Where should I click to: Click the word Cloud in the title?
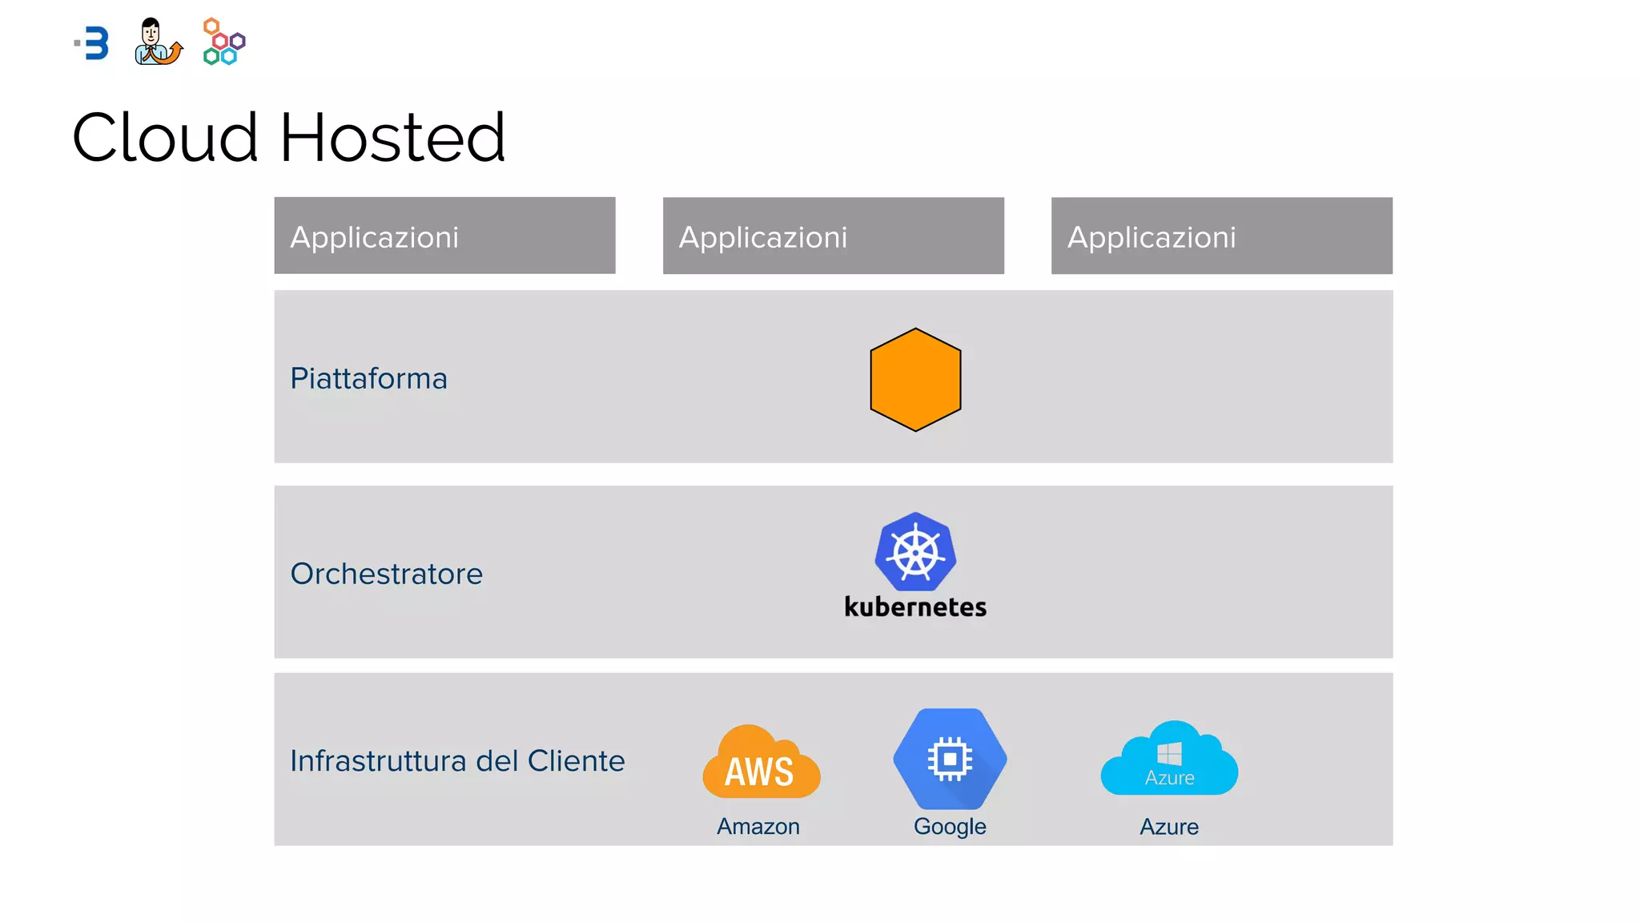[x=165, y=138]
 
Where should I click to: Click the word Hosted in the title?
[x=392, y=138]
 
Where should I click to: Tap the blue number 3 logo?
[x=94, y=43]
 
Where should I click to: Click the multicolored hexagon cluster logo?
[x=223, y=42]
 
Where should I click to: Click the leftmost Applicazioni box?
[x=444, y=236]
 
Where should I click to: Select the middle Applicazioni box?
[x=833, y=236]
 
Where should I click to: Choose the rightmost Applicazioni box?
[x=1221, y=236]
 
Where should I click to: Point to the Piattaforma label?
[x=368, y=378]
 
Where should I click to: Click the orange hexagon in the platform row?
[x=915, y=380]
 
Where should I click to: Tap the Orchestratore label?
[x=386, y=574]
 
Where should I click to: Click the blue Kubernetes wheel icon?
[x=915, y=552]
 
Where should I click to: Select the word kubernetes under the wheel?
[x=915, y=607]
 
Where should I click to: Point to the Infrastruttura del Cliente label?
[x=457, y=760]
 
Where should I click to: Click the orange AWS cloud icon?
[x=761, y=763]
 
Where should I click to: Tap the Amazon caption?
[x=758, y=826]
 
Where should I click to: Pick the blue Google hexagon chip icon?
[x=950, y=758]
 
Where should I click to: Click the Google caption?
[x=950, y=826]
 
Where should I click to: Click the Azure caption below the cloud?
[x=1169, y=826]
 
